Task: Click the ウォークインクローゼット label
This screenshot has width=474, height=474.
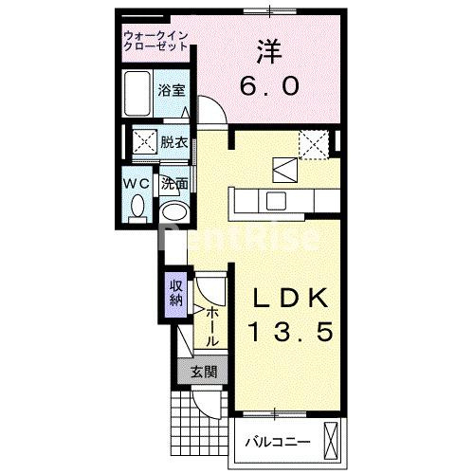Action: pos(156,42)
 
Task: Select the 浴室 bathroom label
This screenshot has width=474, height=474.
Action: pos(173,92)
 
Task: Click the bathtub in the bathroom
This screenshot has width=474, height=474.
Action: pos(140,92)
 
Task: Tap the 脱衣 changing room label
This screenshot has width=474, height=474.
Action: pos(173,143)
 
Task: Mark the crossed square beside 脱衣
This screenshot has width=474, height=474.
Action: pos(143,143)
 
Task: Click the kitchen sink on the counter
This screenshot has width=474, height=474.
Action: pos(278,200)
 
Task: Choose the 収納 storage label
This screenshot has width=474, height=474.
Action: pos(176,293)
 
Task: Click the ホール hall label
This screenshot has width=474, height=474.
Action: pos(211,325)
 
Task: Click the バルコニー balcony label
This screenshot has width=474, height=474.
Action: pos(272,441)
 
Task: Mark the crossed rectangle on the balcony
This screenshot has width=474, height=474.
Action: pos(330,439)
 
